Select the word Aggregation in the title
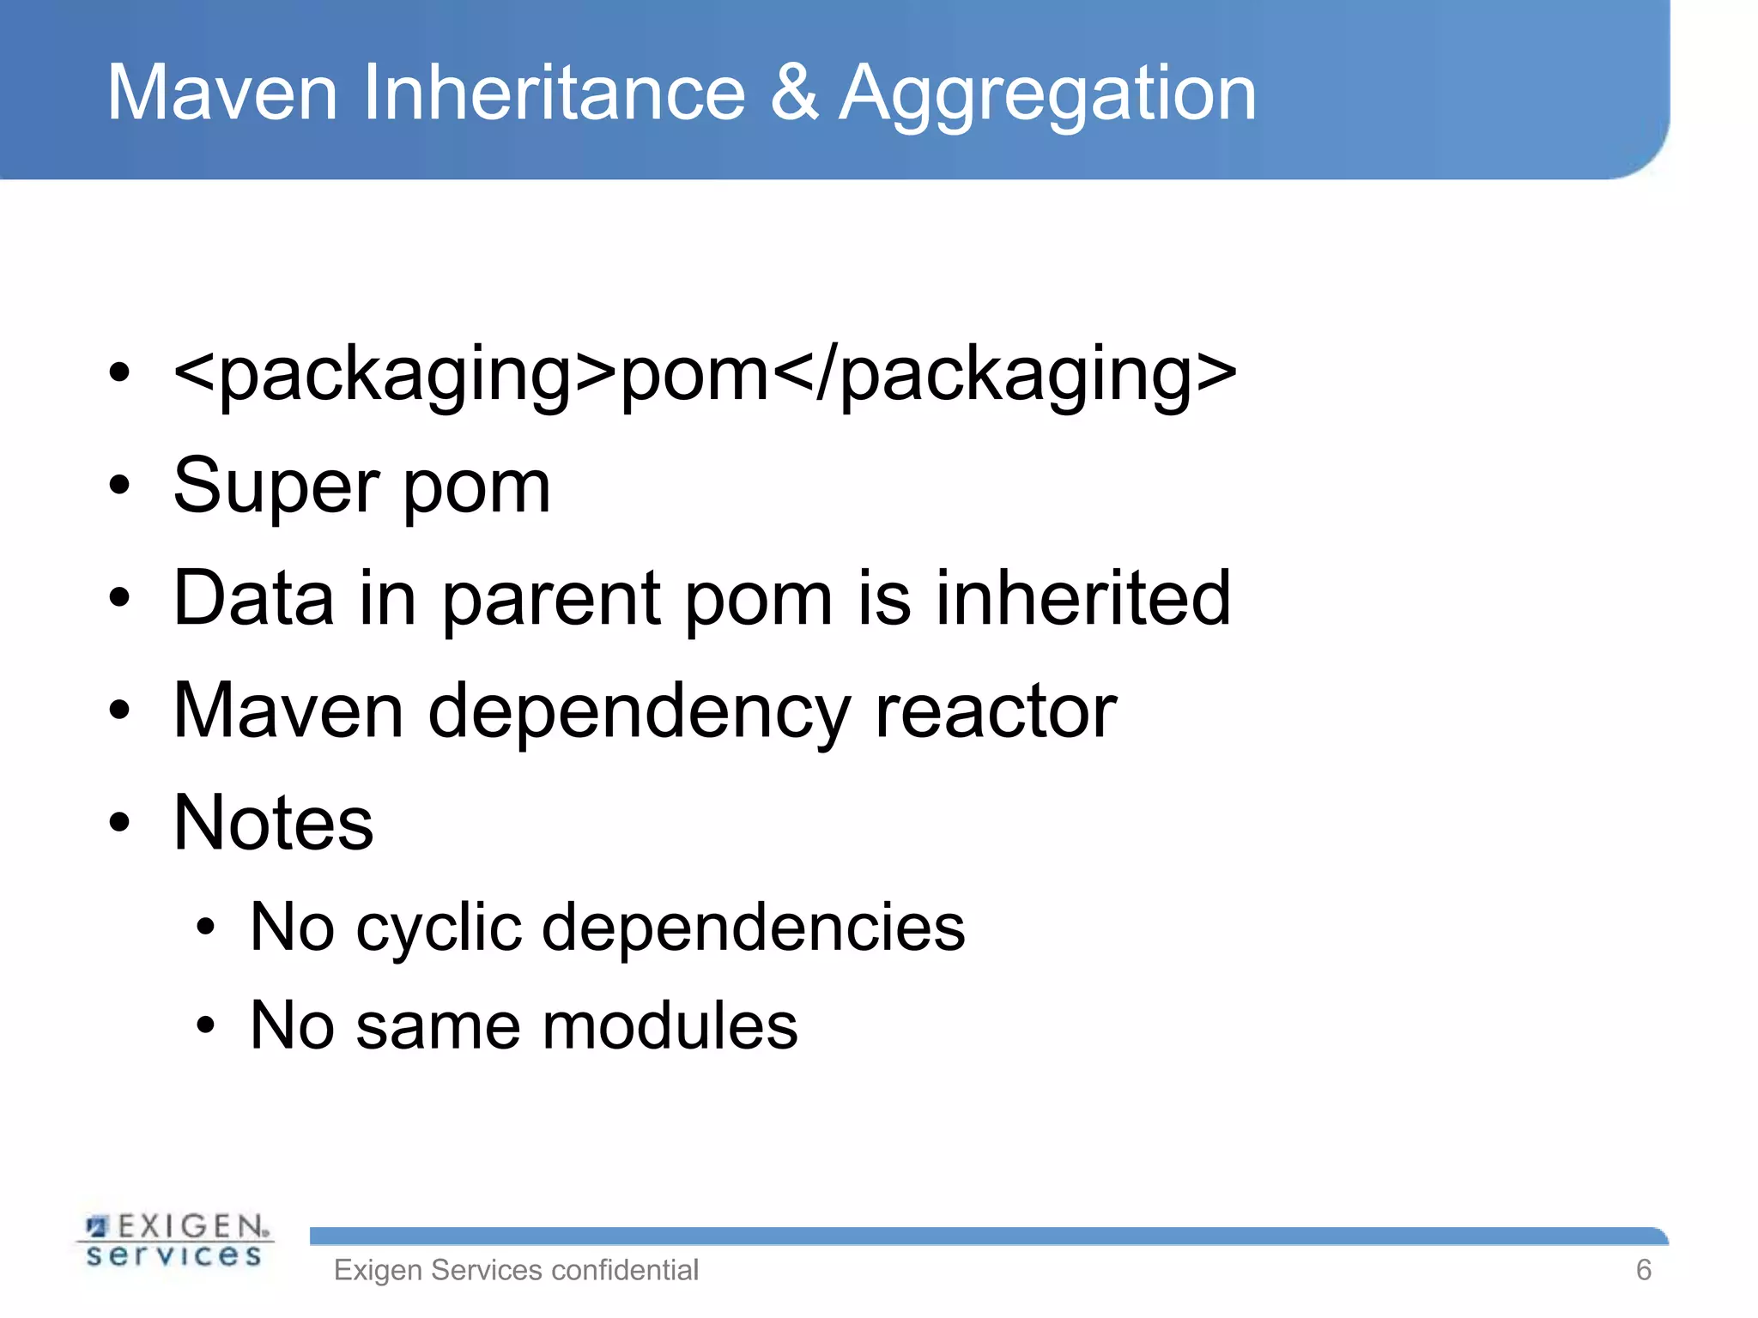pyautogui.click(x=1047, y=94)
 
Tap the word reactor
pyautogui.click(x=995, y=710)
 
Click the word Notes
pyautogui.click(x=273, y=822)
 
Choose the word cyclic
pyautogui.click(x=438, y=928)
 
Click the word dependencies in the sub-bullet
pyautogui.click(x=753, y=928)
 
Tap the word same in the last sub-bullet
pyautogui.click(x=438, y=1027)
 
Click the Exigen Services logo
pyautogui.click(x=175, y=1239)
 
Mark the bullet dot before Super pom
pyautogui.click(x=119, y=486)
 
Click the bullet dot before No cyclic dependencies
pyautogui.click(x=204, y=928)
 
